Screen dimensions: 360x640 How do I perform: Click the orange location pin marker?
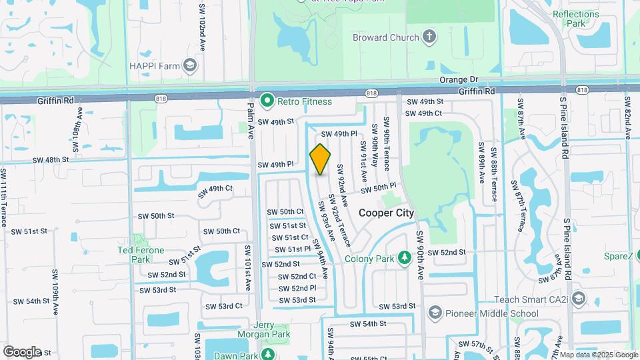pos(320,159)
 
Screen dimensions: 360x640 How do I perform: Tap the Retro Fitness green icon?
pos(267,101)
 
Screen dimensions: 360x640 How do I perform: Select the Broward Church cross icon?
pos(429,37)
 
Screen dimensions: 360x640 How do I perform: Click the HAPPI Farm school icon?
pos(190,65)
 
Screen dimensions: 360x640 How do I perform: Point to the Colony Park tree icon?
pos(403,258)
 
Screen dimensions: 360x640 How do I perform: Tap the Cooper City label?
pos(386,213)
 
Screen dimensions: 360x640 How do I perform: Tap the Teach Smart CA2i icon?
pos(578,299)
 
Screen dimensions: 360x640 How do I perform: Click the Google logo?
pos(22,352)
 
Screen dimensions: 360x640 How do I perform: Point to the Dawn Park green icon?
pos(268,353)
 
